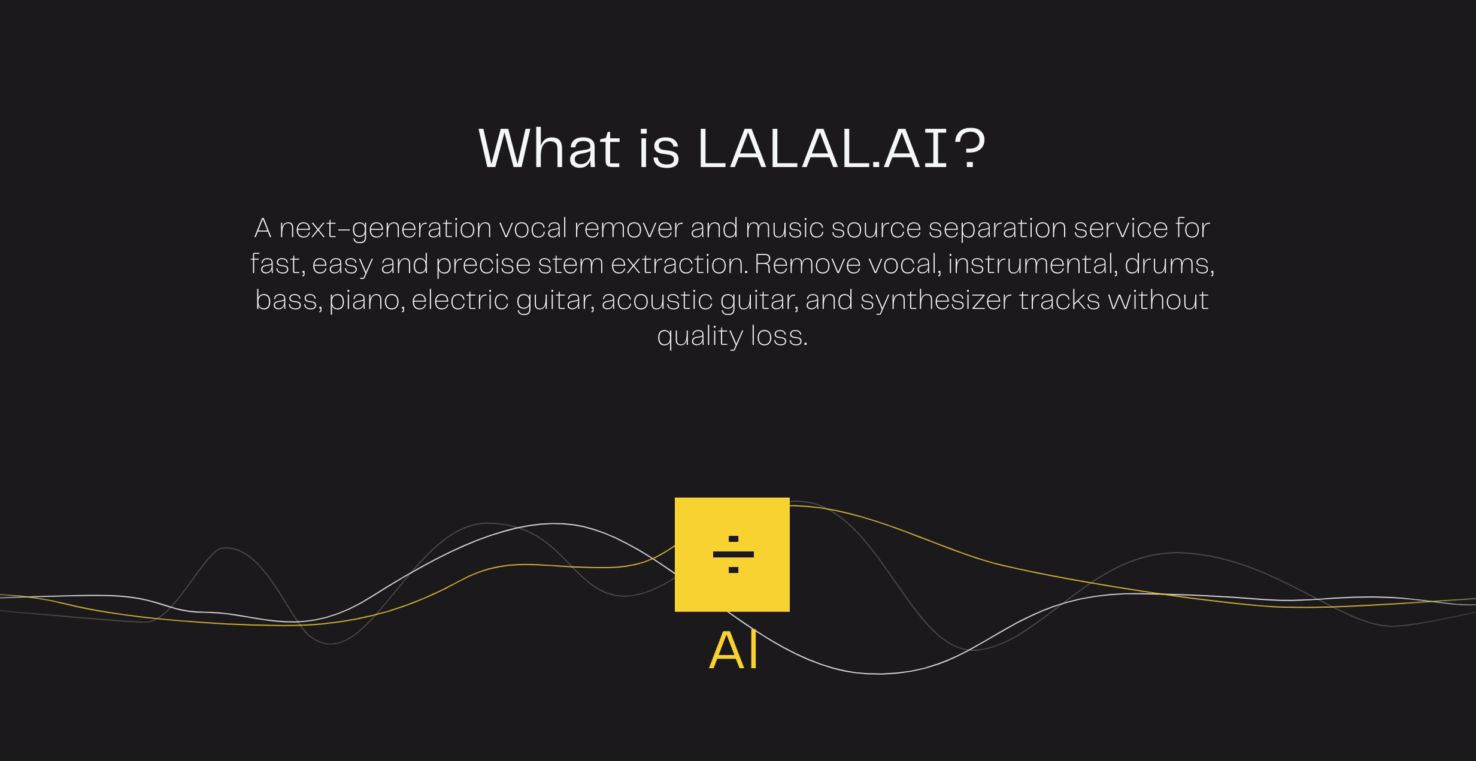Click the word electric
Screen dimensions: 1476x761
coord(460,299)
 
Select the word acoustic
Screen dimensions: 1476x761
coord(657,299)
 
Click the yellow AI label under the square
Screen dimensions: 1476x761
coord(734,650)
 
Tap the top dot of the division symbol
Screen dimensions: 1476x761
coord(734,539)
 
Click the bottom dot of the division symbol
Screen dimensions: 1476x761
coord(734,570)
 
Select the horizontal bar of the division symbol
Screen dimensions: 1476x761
coord(734,554)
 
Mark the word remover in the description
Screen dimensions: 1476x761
coord(628,229)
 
